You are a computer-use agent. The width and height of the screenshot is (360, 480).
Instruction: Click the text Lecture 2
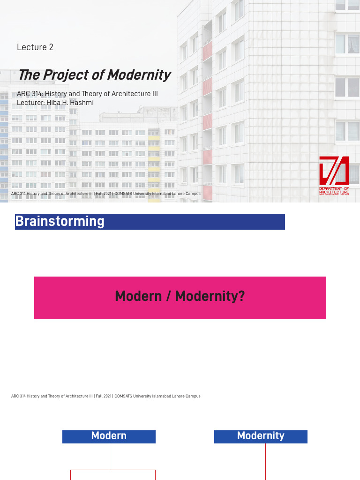(35, 47)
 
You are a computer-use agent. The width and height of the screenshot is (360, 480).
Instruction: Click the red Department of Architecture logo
(334, 172)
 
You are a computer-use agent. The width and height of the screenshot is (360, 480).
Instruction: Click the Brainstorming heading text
(60, 221)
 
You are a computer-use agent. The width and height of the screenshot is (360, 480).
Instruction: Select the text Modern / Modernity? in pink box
(180, 296)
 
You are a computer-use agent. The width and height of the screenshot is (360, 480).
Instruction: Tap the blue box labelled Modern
(109, 436)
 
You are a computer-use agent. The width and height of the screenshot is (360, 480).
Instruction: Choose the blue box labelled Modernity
(261, 436)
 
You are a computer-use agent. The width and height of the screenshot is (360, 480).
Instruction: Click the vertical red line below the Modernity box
(265, 462)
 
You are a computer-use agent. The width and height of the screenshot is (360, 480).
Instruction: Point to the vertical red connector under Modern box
(109, 456)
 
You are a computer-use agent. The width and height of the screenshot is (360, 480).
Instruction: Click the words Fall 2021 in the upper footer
(104, 194)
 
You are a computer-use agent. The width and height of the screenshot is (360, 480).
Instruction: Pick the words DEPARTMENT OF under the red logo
(334, 188)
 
